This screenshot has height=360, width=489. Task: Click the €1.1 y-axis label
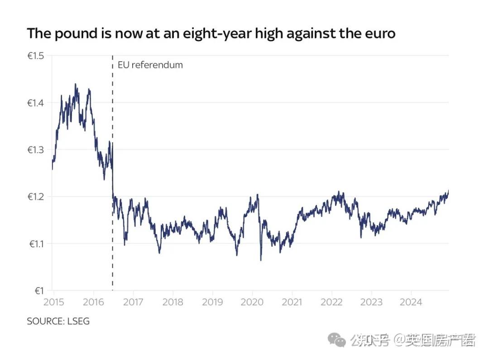[36, 244]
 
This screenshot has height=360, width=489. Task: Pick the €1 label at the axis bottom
[39, 291]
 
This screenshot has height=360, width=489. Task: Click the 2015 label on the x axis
[54, 302]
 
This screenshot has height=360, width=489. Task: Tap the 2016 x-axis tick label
[93, 302]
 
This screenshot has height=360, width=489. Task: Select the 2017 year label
[133, 302]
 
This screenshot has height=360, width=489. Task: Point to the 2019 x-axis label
[212, 302]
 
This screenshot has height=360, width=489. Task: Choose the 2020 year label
[252, 302]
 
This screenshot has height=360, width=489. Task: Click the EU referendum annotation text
[150, 65]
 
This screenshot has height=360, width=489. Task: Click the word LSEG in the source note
[79, 322]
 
